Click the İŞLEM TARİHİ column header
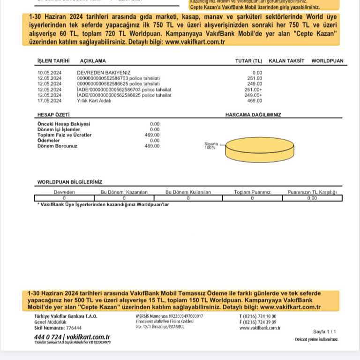pyautogui.click(x=53, y=61)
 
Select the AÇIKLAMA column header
pyautogui.click(x=93, y=61)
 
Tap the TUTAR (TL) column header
pyautogui.click(x=248, y=61)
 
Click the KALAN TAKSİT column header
pyautogui.click(x=286, y=61)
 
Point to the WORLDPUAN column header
pyautogui.click(x=327, y=61)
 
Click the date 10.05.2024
pyautogui.click(x=49, y=73)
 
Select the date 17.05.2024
pyautogui.click(x=49, y=100)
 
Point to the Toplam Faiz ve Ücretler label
pyautogui.click(x=64, y=135)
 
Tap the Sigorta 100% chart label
pyautogui.click(x=210, y=146)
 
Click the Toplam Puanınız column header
pyautogui.click(x=252, y=192)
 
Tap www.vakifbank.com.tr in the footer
pyautogui.click(x=260, y=328)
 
